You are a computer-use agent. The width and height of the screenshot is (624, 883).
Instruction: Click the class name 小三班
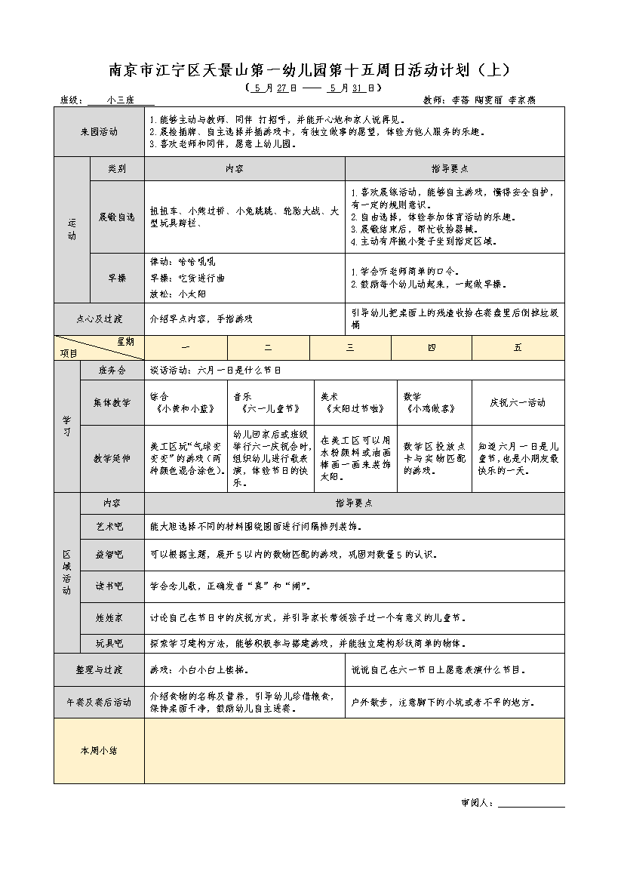click(x=121, y=100)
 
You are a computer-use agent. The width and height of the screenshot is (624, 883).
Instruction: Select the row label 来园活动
click(x=99, y=131)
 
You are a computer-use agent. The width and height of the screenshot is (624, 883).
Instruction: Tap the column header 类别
click(x=116, y=169)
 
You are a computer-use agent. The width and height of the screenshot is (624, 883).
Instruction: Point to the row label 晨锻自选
click(x=116, y=217)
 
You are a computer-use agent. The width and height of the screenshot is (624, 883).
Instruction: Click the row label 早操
click(x=116, y=278)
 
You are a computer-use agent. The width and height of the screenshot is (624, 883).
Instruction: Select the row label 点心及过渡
click(x=99, y=318)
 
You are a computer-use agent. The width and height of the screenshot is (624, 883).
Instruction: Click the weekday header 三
click(x=350, y=347)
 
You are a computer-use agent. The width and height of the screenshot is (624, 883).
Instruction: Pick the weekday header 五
click(x=518, y=347)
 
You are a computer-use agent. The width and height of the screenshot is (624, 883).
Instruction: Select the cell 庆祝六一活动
click(x=518, y=403)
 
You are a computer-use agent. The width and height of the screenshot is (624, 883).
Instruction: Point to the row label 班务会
click(x=112, y=371)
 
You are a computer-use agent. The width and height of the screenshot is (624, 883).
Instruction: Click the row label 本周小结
click(x=99, y=751)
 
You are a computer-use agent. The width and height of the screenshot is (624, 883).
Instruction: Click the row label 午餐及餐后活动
click(x=99, y=702)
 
